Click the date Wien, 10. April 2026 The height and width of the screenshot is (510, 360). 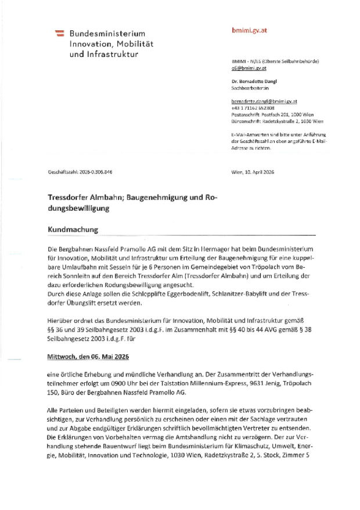coord(253,172)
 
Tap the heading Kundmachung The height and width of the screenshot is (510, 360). coord(73,229)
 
